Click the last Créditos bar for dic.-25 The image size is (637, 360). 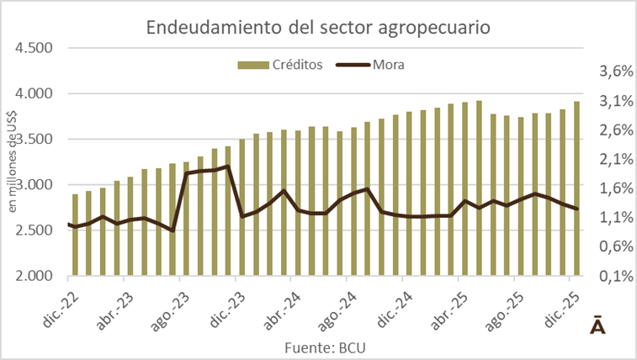(576, 188)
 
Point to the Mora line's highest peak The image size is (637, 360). (229, 167)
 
